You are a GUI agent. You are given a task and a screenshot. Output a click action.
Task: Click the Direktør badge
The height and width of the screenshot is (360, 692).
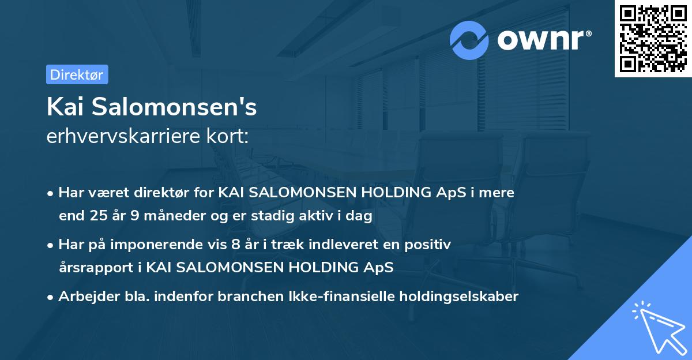[77, 74]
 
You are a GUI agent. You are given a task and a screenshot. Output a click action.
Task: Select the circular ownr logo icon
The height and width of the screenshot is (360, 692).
[469, 40]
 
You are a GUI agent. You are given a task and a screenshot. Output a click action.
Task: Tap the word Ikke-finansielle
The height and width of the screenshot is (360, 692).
[345, 297]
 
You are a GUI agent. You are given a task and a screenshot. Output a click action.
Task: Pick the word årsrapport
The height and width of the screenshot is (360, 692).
[95, 268]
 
